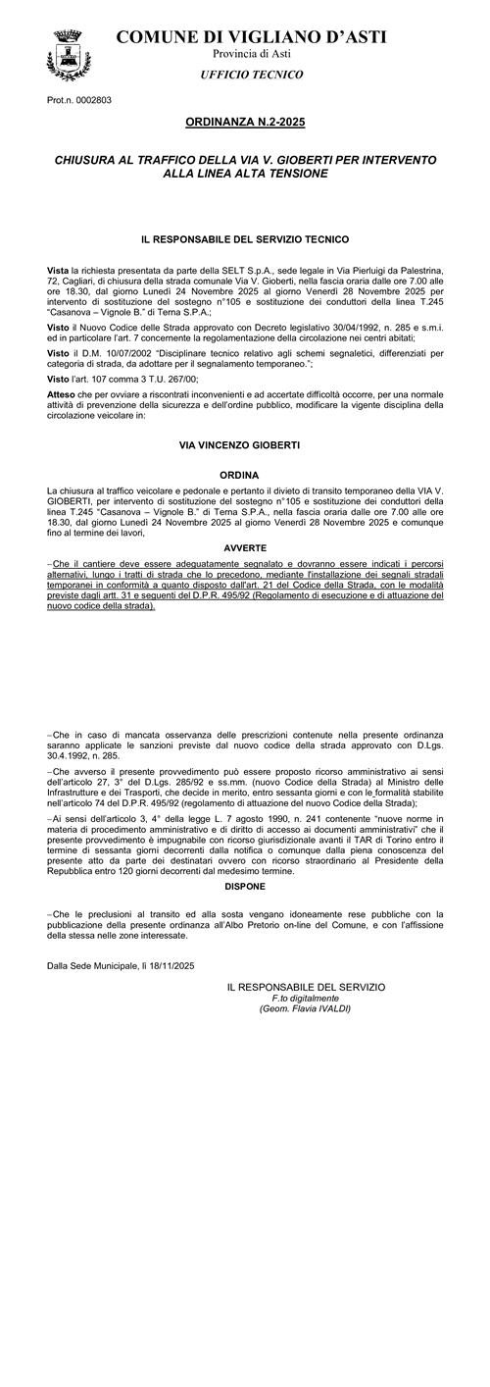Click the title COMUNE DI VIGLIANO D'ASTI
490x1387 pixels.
[x=251, y=37]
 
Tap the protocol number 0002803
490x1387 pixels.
[x=91, y=100]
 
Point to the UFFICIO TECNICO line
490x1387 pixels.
[x=252, y=75]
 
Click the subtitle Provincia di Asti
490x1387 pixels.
[x=251, y=55]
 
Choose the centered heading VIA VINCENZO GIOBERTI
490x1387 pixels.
[x=244, y=445]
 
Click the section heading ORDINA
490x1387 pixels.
[x=244, y=475]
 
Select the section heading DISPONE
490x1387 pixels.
[x=244, y=886]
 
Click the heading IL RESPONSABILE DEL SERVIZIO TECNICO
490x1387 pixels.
[x=244, y=238]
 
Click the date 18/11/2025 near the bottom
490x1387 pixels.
[x=172, y=965]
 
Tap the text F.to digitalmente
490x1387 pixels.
[x=305, y=999]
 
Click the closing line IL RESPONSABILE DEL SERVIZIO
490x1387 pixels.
[x=305, y=987]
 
